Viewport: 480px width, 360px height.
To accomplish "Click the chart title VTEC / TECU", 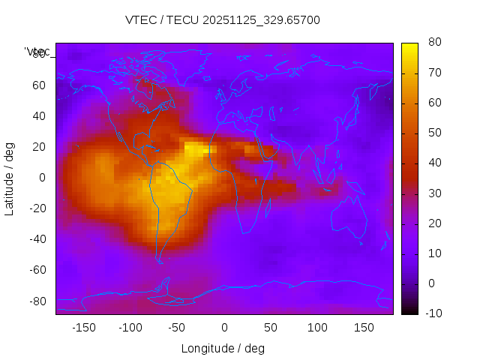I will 222,20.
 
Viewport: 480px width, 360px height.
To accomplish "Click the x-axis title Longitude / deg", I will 223,348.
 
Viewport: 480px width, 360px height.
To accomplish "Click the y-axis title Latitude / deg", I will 10,177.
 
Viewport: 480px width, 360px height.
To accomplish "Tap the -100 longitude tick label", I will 130,328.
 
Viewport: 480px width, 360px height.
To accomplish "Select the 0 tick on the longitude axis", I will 224,328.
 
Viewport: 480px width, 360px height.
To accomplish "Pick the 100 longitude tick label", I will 317,328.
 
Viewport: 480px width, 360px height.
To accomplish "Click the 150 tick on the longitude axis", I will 364,328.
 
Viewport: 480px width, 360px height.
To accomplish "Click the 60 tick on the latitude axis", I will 39,85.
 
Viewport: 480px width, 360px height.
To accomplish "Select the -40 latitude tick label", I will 37,239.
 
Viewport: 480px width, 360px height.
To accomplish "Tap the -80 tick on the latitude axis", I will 37,301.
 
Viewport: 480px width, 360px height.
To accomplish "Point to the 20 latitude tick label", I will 39,146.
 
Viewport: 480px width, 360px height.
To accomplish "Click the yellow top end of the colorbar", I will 409,46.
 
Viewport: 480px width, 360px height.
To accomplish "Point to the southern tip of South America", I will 159,260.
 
